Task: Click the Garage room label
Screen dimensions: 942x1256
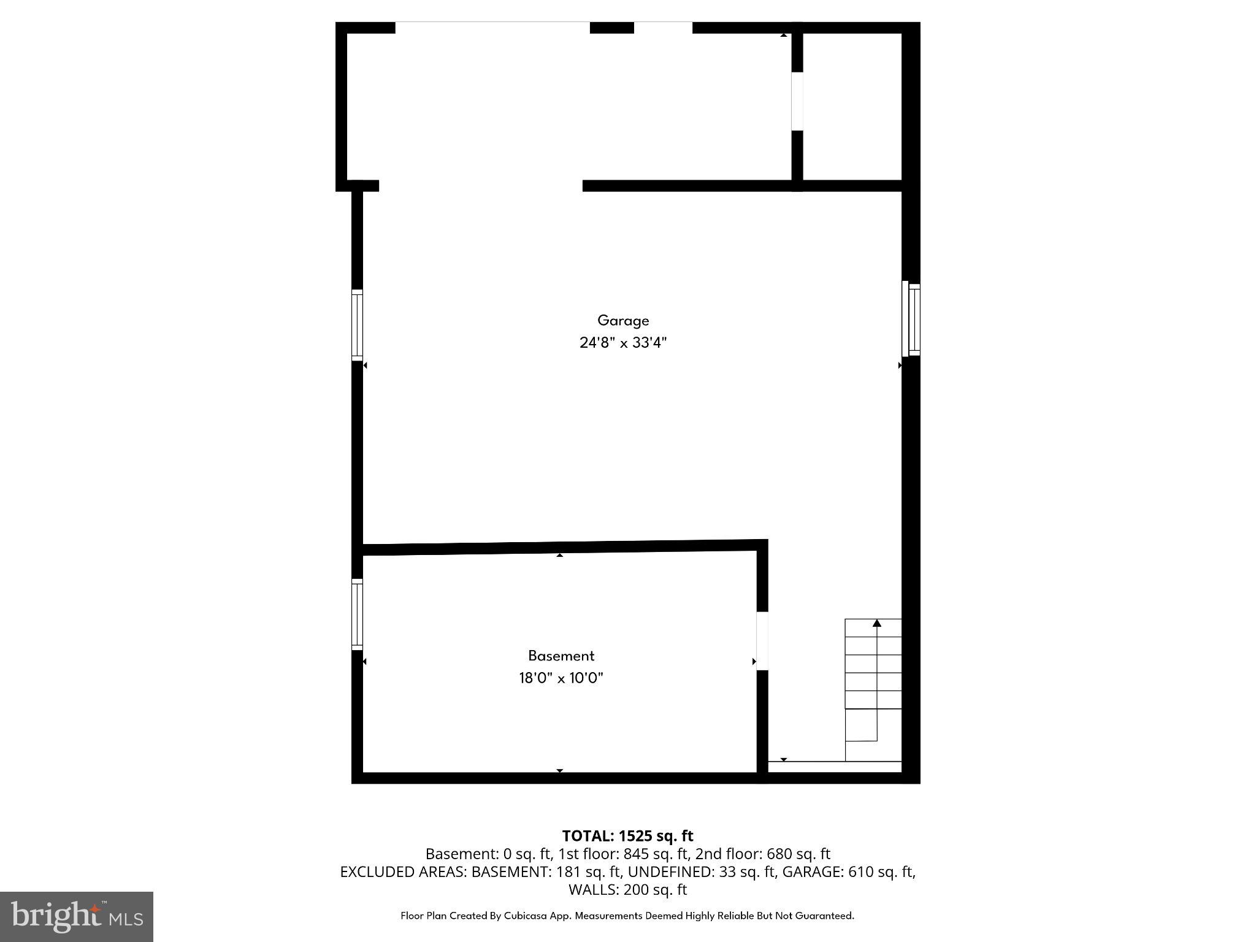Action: pyautogui.click(x=623, y=321)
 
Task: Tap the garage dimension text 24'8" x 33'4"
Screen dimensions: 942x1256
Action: pyautogui.click(x=623, y=343)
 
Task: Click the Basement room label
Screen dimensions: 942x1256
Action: pyautogui.click(x=561, y=656)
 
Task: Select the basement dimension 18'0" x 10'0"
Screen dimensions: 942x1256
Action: pyautogui.click(x=561, y=678)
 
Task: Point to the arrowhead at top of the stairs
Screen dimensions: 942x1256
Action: pyautogui.click(x=877, y=624)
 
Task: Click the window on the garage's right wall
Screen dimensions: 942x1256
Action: pyautogui.click(x=911, y=319)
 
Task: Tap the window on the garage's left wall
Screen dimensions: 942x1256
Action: pyautogui.click(x=357, y=325)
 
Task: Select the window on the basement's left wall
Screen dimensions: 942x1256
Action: pyautogui.click(x=357, y=615)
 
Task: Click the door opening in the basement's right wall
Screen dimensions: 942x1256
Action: pyautogui.click(x=762, y=641)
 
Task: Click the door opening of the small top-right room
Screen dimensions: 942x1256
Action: pyautogui.click(x=797, y=101)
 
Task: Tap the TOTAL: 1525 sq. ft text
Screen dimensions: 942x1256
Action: pyautogui.click(x=627, y=836)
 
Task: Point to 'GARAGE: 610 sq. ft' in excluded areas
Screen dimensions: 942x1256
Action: pyautogui.click(x=849, y=871)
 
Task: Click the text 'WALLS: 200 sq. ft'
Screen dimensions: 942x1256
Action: pyautogui.click(x=627, y=889)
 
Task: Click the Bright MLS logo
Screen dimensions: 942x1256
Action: pyautogui.click(x=77, y=916)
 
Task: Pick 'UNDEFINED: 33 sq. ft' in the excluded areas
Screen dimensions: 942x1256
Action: pyautogui.click(x=701, y=871)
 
